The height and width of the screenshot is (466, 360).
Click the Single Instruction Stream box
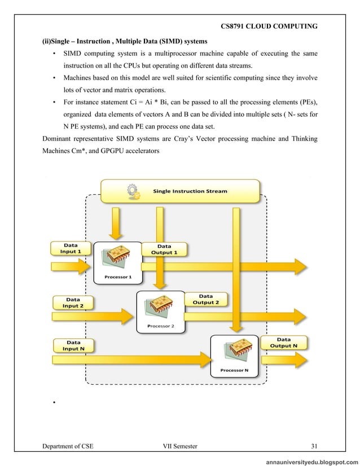click(181, 191)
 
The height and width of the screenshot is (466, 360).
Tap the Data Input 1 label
click(71, 248)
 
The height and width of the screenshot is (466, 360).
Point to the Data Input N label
click(73, 345)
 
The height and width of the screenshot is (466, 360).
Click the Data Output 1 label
click(164, 249)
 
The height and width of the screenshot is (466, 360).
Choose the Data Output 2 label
click(205, 298)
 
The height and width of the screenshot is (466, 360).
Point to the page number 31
click(315, 447)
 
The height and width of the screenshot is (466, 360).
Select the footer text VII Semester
click(179, 447)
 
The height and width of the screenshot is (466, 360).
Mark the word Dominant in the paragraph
click(59, 139)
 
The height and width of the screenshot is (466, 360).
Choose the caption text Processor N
click(234, 371)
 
